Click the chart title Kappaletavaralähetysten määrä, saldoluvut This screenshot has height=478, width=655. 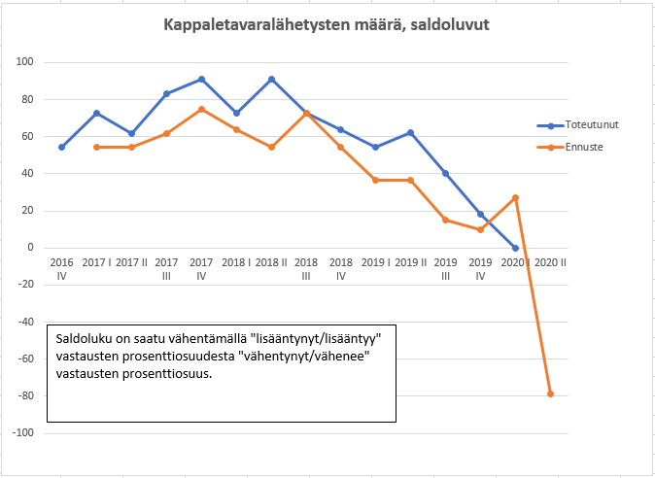click(327, 23)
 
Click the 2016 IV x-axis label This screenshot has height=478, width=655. click(61, 269)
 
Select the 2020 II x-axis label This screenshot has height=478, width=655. click(550, 263)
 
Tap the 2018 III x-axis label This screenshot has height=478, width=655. click(306, 269)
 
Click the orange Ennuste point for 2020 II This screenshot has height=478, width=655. click(550, 393)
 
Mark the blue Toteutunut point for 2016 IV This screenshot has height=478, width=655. click(61, 147)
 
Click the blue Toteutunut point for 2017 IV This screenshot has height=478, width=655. click(201, 79)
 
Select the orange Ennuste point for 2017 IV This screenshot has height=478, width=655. click(201, 109)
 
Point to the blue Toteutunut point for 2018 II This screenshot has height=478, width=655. click(271, 79)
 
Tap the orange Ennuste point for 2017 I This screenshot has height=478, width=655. click(96, 147)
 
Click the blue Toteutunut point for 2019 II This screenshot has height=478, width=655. click(410, 132)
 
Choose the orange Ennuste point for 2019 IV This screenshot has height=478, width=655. click(480, 229)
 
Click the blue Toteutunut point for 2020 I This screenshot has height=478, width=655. click(515, 248)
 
